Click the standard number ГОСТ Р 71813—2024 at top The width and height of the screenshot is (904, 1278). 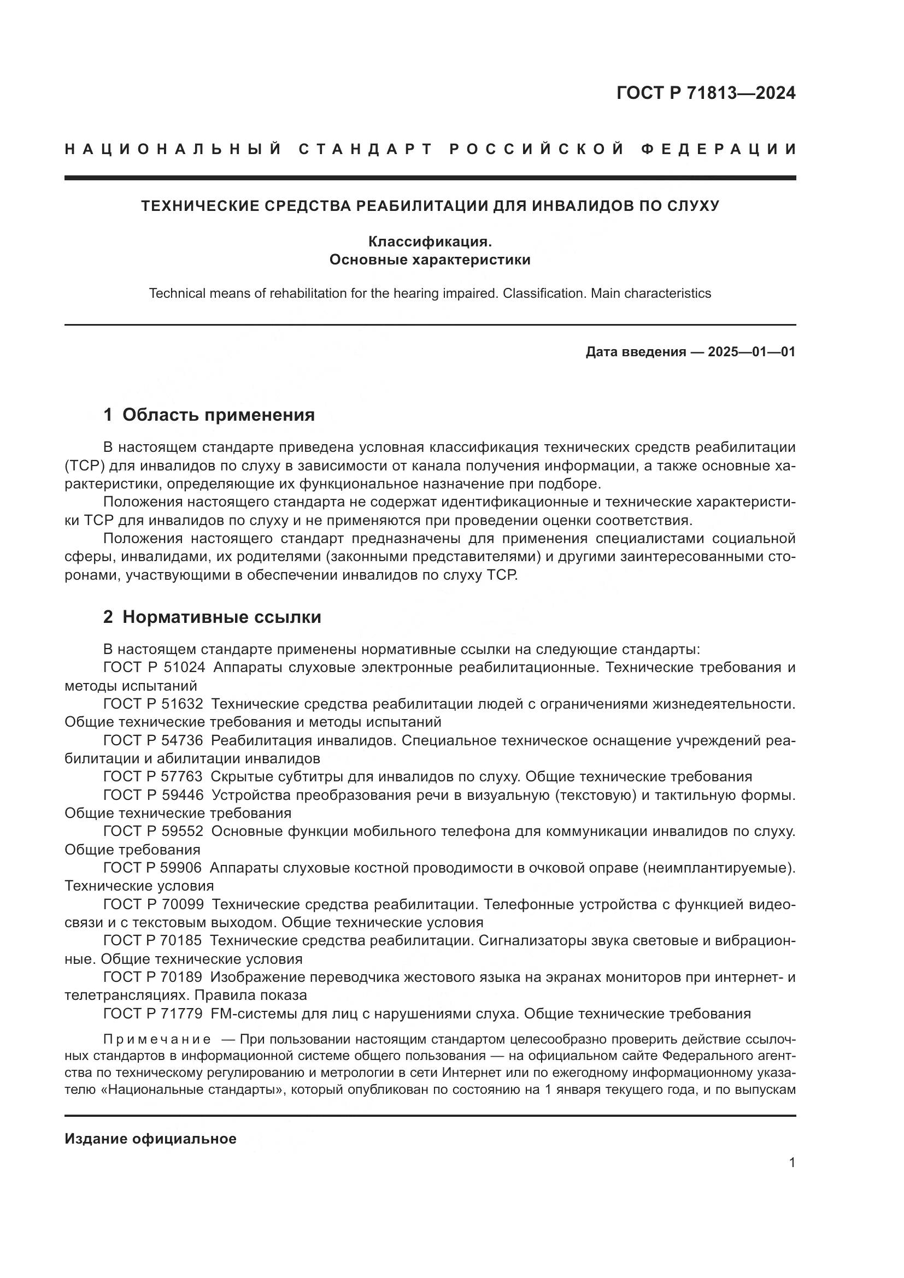(x=705, y=93)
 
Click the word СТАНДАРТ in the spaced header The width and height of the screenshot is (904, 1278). (x=366, y=149)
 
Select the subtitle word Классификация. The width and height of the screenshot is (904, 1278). (x=430, y=242)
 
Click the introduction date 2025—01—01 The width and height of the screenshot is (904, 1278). (x=751, y=352)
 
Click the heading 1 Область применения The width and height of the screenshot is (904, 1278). (x=209, y=415)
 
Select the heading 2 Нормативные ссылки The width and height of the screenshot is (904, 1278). (x=212, y=617)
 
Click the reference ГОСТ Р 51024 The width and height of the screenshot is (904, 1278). (x=154, y=667)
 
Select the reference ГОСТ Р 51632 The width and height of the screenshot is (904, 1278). (x=154, y=704)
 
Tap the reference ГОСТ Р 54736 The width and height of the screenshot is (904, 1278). (x=154, y=741)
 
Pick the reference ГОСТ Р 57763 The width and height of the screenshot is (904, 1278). (x=154, y=777)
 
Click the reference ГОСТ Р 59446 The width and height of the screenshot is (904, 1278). (x=154, y=796)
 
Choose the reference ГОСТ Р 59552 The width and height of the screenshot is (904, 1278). (x=154, y=832)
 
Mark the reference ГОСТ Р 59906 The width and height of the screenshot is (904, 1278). (x=154, y=868)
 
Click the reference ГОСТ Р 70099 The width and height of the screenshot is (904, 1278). (x=154, y=904)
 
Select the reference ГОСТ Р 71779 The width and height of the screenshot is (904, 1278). (x=154, y=1014)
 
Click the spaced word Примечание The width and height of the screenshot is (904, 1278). (x=157, y=1040)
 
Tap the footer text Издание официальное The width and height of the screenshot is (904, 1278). (x=150, y=1139)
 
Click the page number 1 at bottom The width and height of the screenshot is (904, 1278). (x=791, y=1163)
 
